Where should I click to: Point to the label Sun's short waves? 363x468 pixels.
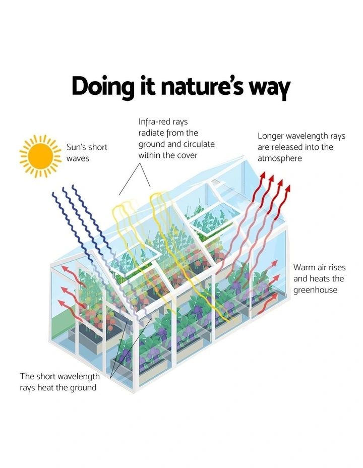pyautogui.click(x=87, y=152)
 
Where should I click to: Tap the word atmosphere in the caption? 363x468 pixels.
pyautogui.click(x=279, y=158)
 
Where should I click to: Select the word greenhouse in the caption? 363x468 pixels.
pyautogui.click(x=315, y=290)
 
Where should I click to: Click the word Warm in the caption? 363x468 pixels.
pyautogui.click(x=304, y=267)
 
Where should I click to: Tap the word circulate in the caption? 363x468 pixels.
pyautogui.click(x=199, y=144)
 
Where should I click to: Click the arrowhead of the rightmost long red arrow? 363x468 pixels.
pyautogui.click(x=288, y=189)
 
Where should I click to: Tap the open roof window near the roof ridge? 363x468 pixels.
pyautogui.click(x=215, y=219)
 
